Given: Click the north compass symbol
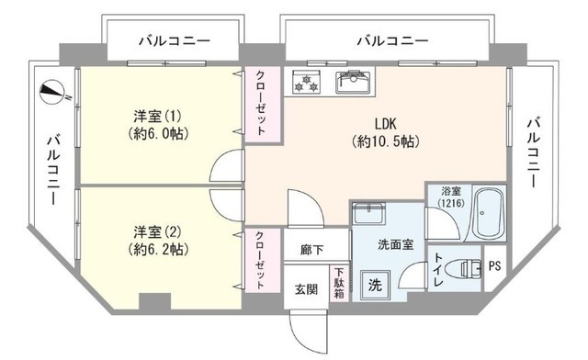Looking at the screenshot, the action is click(x=52, y=92).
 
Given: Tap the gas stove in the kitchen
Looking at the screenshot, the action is click(x=307, y=82).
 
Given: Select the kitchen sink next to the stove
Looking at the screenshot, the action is click(x=354, y=82).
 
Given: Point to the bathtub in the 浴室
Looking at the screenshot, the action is click(x=488, y=215).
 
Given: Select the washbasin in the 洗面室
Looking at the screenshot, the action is click(x=368, y=214).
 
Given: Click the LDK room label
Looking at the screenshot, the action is click(x=385, y=124).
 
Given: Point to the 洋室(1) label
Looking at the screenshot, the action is click(x=157, y=117).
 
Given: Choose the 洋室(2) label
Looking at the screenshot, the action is click(x=157, y=232).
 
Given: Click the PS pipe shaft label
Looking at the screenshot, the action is click(x=494, y=266).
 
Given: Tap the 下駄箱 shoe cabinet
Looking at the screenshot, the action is click(x=339, y=283).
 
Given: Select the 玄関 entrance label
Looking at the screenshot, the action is click(x=306, y=289).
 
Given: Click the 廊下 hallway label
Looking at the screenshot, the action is click(x=311, y=250).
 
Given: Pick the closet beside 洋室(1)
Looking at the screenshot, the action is click(x=263, y=105).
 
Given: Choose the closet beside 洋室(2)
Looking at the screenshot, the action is click(x=263, y=261).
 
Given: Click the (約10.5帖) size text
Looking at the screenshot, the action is click(x=386, y=141).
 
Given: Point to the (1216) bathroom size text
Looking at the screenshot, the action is click(x=451, y=203).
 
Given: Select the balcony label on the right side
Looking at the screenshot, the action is click(x=534, y=152).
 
